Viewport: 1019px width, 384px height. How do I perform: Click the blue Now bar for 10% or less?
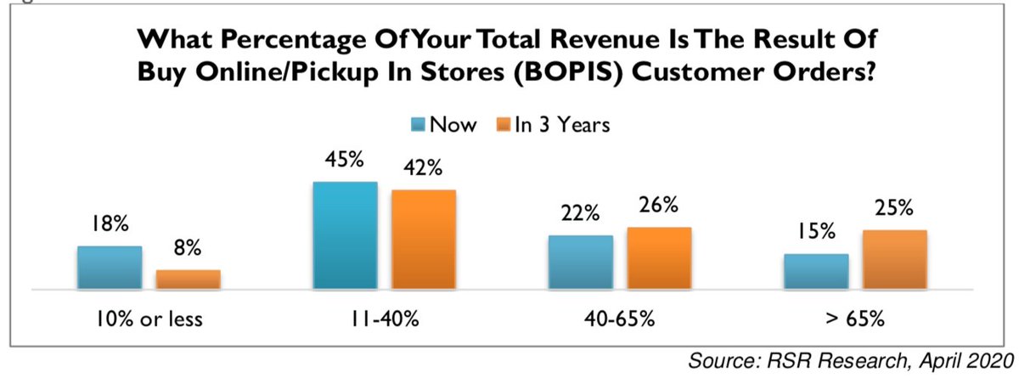pyautogui.click(x=110, y=268)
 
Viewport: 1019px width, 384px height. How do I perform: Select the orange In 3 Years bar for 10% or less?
pyautogui.click(x=188, y=280)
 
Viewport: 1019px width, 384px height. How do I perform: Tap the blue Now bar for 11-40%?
pyautogui.click(x=345, y=235)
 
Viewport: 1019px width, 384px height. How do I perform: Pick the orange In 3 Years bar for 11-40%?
pyautogui.click(x=423, y=240)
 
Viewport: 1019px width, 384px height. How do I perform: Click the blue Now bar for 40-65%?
pyautogui.click(x=581, y=263)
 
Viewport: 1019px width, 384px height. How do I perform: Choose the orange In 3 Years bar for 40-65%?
pyautogui.click(x=659, y=258)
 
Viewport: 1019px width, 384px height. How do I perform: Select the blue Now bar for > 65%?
pyautogui.click(x=816, y=272)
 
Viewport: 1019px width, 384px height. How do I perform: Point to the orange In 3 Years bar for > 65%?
pyautogui.click(x=894, y=259)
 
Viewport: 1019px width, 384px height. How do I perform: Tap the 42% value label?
pyautogui.click(x=422, y=168)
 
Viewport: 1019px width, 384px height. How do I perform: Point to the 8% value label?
pyautogui.click(x=188, y=249)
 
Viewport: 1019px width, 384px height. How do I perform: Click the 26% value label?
pyautogui.click(x=658, y=206)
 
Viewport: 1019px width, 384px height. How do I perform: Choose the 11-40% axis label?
pyautogui.click(x=384, y=319)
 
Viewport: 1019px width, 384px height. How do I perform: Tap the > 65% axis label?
pyautogui.click(x=855, y=319)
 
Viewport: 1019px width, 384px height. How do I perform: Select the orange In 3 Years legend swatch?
pyautogui.click(x=503, y=124)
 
